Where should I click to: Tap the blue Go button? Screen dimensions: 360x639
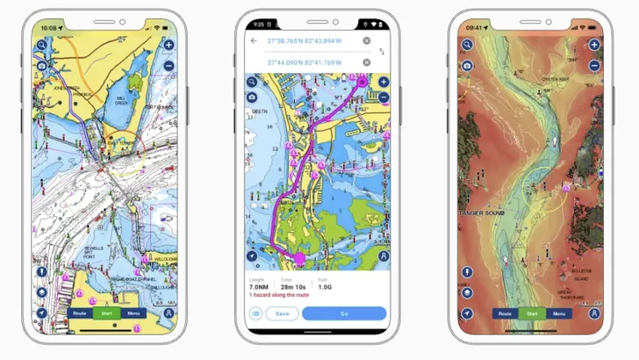(x=344, y=313)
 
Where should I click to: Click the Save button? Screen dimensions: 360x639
(x=282, y=313)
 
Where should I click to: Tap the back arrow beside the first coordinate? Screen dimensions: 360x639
(x=254, y=40)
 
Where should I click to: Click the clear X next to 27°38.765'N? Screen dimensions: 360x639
(x=367, y=40)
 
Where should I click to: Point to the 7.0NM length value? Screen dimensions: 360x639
(x=258, y=287)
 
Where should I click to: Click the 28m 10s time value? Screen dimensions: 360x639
(x=294, y=287)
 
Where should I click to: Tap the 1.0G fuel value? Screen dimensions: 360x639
(x=325, y=287)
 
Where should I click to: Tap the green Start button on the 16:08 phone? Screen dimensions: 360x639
(x=106, y=313)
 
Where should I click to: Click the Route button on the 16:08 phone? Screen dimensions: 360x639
(x=80, y=313)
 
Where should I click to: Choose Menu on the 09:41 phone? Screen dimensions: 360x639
(x=558, y=313)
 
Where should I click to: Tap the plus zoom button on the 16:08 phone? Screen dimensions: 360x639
(x=169, y=45)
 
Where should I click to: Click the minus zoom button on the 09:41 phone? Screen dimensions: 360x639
(x=594, y=65)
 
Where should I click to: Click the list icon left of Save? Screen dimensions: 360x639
(x=255, y=313)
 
